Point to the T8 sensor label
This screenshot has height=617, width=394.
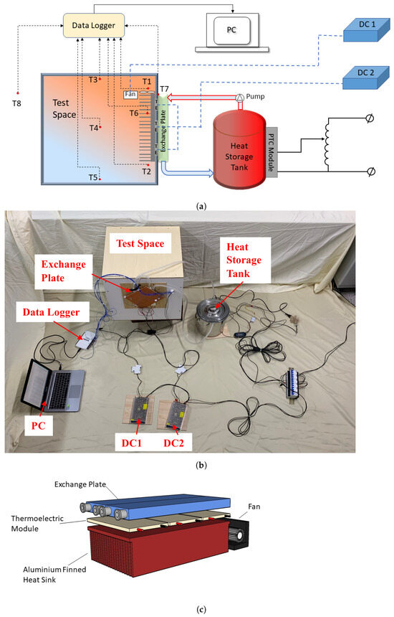17,102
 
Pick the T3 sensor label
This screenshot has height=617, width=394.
92,80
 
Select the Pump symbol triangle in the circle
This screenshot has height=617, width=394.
240,97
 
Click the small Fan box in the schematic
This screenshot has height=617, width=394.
130,93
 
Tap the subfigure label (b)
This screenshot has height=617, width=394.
196,465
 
